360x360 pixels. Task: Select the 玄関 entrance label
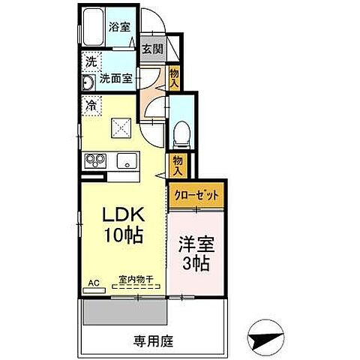(151, 50)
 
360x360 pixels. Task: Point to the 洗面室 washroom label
(118, 78)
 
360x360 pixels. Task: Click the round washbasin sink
(87, 82)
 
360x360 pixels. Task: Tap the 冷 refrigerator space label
(91, 106)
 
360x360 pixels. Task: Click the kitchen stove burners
(97, 159)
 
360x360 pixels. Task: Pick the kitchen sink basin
(124, 160)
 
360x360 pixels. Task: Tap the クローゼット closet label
(196, 195)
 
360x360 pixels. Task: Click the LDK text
(122, 214)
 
